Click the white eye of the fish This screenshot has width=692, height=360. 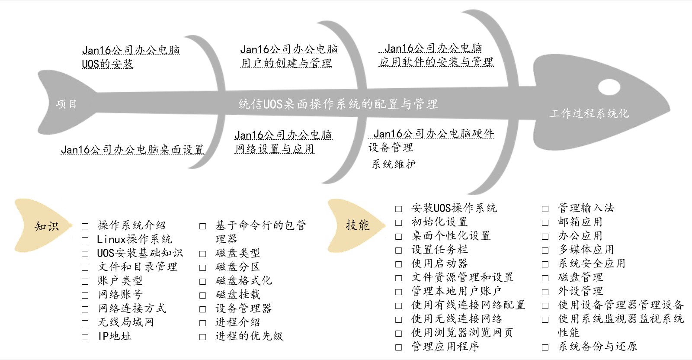pos(609,87)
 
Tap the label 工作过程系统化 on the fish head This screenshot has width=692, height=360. pos(589,113)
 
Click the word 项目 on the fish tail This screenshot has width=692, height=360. pos(66,104)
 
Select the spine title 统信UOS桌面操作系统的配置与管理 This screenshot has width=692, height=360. pos(338,104)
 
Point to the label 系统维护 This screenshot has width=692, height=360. pos(394,164)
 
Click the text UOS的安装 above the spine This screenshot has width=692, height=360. pos(108,64)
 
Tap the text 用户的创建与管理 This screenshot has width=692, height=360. pos(286,63)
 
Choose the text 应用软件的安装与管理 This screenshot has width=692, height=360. pos(436,62)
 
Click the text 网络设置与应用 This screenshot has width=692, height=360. pos(275,149)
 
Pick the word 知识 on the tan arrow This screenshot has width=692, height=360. pos(46,226)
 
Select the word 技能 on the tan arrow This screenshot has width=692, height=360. pos(357,225)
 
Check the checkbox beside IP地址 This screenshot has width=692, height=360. pos(85,337)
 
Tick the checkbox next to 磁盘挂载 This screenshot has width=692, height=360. pos(203,296)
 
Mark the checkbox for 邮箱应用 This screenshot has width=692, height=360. pos(545,223)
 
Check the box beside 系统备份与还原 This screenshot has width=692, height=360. pos(545,347)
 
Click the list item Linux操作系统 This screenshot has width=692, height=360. pos(134,239)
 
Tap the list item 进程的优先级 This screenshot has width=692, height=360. pos(249,336)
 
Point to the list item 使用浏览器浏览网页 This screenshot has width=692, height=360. pos(462,332)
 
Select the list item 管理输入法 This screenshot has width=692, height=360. pos(586,208)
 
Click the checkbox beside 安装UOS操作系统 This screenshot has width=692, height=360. pos(399,209)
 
